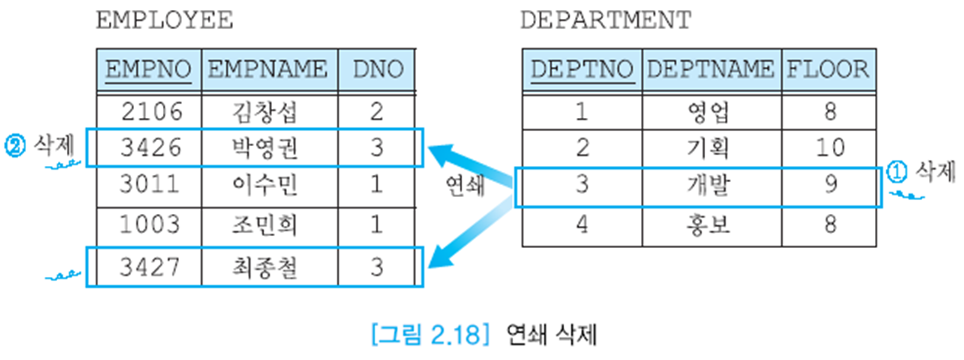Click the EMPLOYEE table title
coord(164,21)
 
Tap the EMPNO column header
coord(148,70)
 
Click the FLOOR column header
coord(827,70)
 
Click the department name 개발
coord(708,186)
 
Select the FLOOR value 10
coord(830,148)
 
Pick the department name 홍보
coord(708,225)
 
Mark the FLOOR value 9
coord(830,186)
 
